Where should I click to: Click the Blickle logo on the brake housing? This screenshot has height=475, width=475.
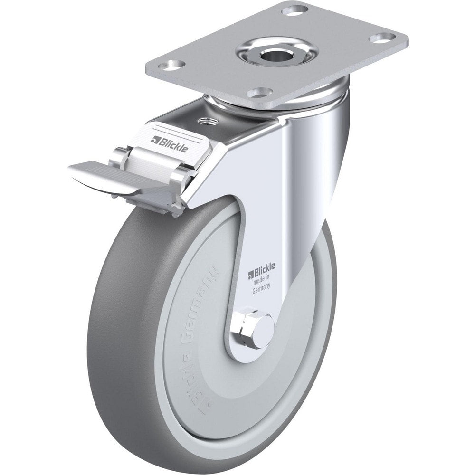[170, 142]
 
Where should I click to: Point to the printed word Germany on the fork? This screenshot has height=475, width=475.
[262, 287]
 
